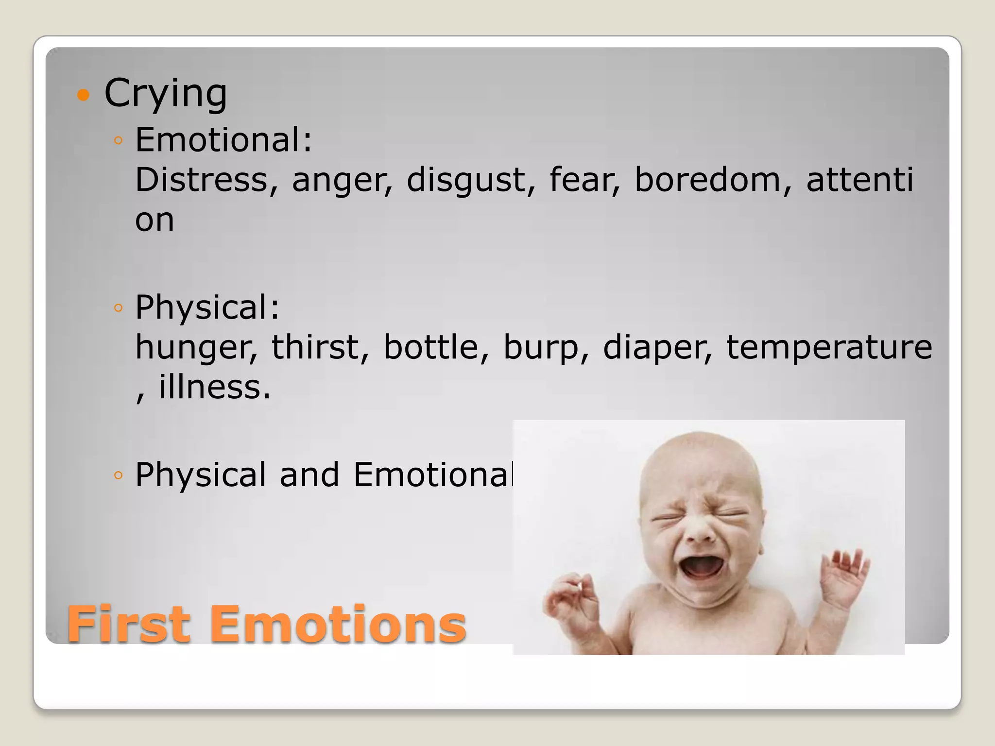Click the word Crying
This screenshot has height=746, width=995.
point(165,93)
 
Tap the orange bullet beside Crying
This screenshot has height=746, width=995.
point(84,95)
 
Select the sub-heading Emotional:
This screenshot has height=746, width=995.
point(223,140)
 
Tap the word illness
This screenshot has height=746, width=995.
point(214,388)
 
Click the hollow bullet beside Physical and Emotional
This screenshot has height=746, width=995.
point(118,475)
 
